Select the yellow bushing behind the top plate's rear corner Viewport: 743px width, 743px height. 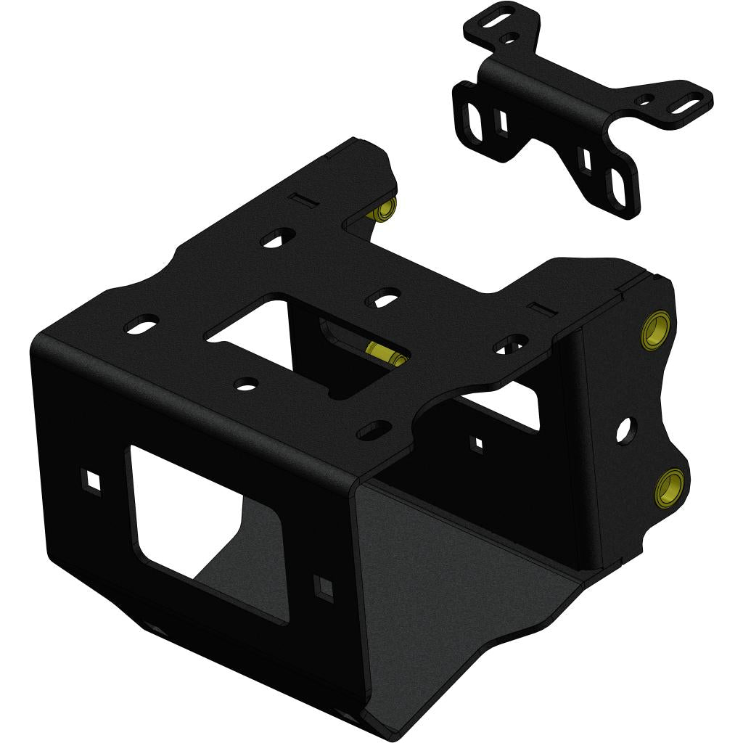pyautogui.click(x=384, y=209)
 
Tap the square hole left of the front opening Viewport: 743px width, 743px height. pyautogui.click(x=91, y=478)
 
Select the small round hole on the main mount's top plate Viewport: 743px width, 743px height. pyautogui.click(x=247, y=382)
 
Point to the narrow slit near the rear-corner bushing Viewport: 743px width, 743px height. pyautogui.click(x=299, y=198)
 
